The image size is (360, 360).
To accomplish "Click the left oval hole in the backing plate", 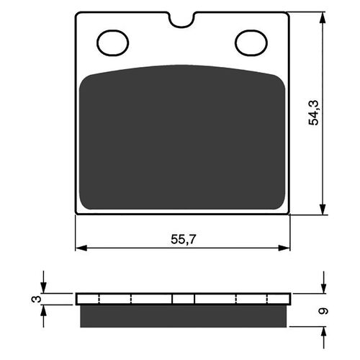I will (x=112, y=43).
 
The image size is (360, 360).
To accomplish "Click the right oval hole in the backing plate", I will (x=251, y=43).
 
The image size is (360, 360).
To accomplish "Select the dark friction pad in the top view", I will (x=183, y=137).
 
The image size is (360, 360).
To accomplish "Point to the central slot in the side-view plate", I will (x=183, y=299).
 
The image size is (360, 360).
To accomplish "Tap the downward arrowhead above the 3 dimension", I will (x=44, y=288).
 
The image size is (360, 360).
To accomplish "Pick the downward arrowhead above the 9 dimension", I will (x=323, y=289).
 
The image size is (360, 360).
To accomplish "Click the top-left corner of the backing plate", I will (x=77, y=14).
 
